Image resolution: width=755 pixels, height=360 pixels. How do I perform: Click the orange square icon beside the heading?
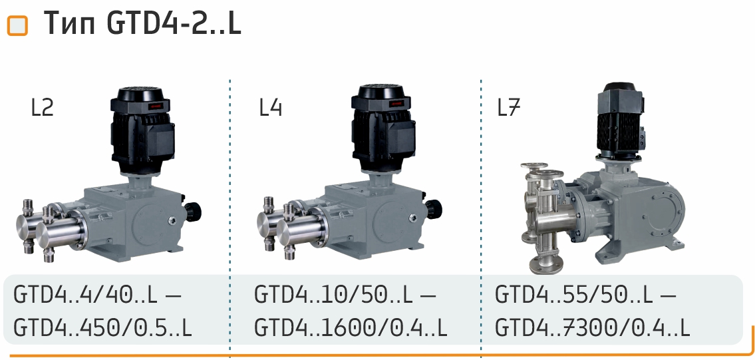pyautogui.click(x=18, y=26)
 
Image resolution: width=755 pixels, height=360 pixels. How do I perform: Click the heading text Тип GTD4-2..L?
pyautogui.click(x=142, y=23)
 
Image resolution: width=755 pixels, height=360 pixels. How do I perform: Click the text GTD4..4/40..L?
pyautogui.click(x=85, y=295)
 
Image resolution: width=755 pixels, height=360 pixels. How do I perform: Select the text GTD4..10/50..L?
pyautogui.click(x=333, y=295)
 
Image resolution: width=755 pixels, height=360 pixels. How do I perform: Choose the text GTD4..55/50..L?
pyautogui.click(x=574, y=295)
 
